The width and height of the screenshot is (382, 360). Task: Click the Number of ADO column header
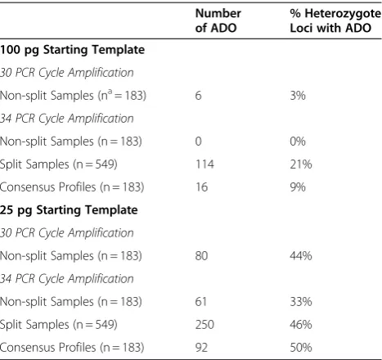coord(218,20)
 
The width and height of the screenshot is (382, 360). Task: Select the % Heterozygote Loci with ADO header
coord(335,20)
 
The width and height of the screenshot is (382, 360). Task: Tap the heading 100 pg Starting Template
coord(72,50)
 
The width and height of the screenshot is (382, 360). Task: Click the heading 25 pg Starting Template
coord(69,210)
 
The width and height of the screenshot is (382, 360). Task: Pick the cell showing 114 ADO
coord(204,164)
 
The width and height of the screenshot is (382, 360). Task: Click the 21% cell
coord(301,164)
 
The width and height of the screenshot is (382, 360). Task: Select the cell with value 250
coord(204,325)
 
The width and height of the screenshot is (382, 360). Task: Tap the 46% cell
coord(301,325)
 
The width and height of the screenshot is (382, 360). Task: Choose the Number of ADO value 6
coord(199,96)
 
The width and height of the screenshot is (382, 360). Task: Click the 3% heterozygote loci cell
coord(298,96)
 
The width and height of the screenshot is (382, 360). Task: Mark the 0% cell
coord(298,142)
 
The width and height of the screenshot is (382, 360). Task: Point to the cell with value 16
coord(202,187)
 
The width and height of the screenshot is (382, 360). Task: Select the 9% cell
coord(298,187)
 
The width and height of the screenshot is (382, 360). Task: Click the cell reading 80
coord(201,256)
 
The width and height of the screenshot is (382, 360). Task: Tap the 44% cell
coord(301,256)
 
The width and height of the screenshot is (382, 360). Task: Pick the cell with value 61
coord(201,302)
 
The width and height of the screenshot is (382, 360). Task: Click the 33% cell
coord(301,302)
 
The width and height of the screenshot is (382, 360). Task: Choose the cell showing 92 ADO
coord(201,348)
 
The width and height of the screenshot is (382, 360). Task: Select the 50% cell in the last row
coord(301,348)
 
